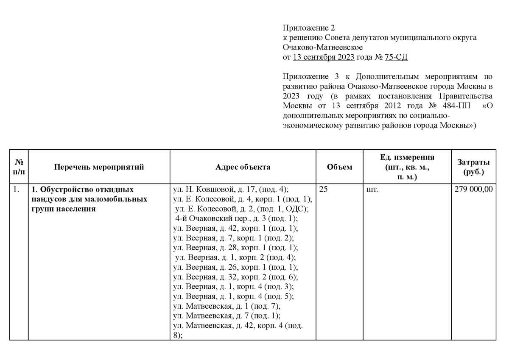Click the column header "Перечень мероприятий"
pos(99,167)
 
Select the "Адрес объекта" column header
pos(243,167)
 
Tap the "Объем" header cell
pos(339,167)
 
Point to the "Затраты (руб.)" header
pos(473,167)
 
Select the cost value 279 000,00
pos(473,190)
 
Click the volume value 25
pos(323,190)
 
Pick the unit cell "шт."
pos(372,190)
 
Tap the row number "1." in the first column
pos(16,190)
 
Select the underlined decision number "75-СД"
pos(396,57)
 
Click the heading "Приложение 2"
pos(309,28)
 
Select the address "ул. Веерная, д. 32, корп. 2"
pos(236,277)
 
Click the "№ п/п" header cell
pos(19,167)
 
